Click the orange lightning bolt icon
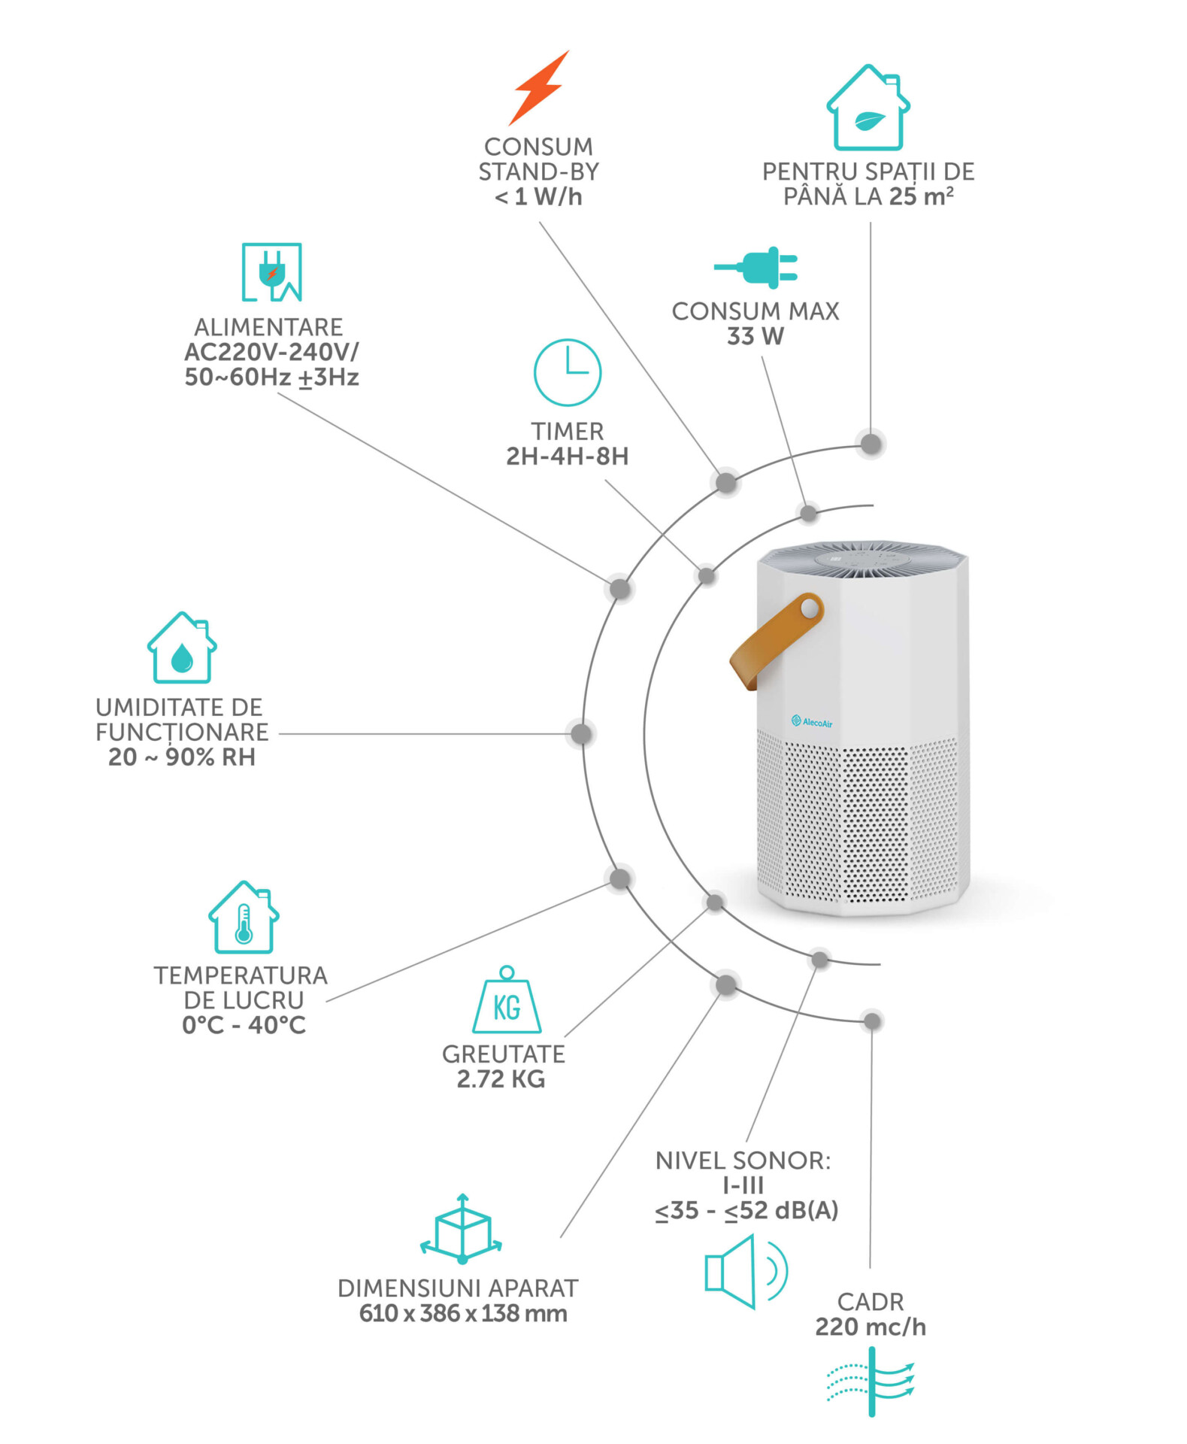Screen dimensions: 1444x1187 pyautogui.click(x=539, y=88)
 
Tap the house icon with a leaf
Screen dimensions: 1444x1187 pyautogui.click(x=868, y=108)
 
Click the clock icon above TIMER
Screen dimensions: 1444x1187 pyautogui.click(x=568, y=373)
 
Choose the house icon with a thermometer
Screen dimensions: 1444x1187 pyautogui.click(x=244, y=918)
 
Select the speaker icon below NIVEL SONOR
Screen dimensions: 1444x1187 pyautogui.click(x=744, y=1272)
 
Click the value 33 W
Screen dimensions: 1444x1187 pyautogui.click(x=755, y=336)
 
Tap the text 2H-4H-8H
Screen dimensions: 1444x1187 pyautogui.click(x=567, y=457)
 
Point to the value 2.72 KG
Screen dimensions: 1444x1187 pyautogui.click(x=501, y=1079)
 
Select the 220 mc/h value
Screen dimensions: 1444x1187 pyautogui.click(x=871, y=1327)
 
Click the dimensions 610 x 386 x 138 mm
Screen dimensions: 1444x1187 pyautogui.click(x=462, y=1314)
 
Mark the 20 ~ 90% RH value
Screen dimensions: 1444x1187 pyautogui.click(x=182, y=757)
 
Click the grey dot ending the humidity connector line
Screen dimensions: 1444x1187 pyautogui.click(x=581, y=734)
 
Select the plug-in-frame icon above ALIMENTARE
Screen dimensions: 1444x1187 pyautogui.click(x=271, y=272)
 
